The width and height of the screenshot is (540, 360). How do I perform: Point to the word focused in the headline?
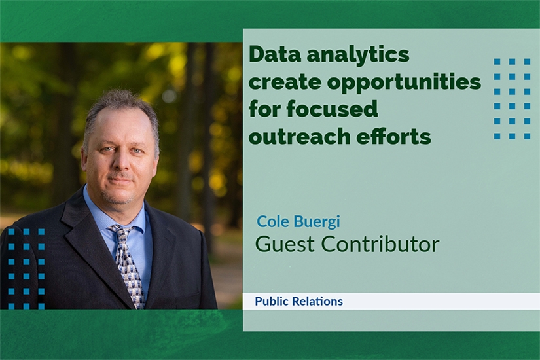point(333,109)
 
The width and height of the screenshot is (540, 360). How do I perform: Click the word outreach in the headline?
point(299,136)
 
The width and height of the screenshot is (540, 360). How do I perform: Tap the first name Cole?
point(273,221)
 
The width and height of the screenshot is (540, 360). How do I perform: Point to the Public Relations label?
point(298,302)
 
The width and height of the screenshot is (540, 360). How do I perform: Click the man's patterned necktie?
point(127,264)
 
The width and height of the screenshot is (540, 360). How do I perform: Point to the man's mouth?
point(120,181)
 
